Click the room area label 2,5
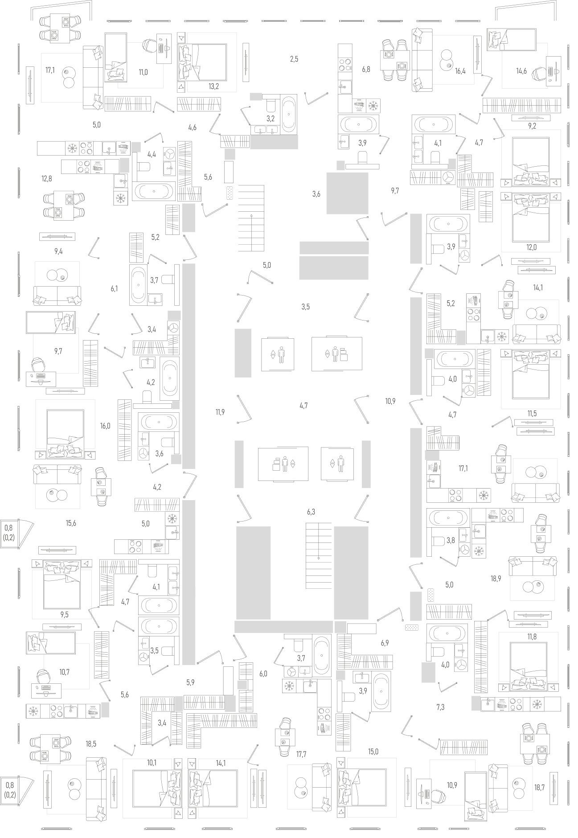pos(294,59)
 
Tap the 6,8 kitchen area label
pos(366,70)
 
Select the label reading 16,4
pos(460,70)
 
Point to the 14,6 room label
pos(521,71)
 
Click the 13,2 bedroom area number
pos(213,86)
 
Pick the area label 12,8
pos(47,179)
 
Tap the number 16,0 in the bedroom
pos(105,426)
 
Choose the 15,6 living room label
pos(71,523)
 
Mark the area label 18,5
pos(91,744)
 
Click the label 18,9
pos(496,579)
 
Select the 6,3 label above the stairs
pos(311,512)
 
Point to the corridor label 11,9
pos(220,412)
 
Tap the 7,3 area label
pos(440,707)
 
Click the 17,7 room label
pos(301,754)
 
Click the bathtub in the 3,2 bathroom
pos(289,115)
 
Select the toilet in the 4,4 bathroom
pos(143,167)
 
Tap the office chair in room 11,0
pos(150,45)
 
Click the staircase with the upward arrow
pos(251,218)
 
